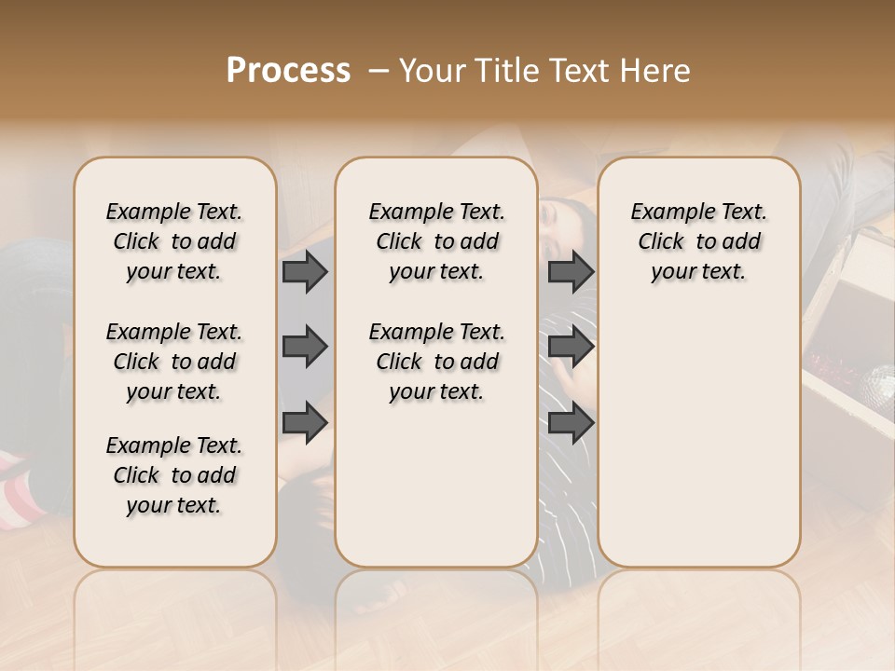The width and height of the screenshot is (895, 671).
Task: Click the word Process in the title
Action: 288,71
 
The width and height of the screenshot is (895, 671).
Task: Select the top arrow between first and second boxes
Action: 304,271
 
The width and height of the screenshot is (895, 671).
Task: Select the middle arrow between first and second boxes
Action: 304,347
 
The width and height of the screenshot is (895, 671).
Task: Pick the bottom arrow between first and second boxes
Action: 304,422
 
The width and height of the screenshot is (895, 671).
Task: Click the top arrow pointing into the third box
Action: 570,271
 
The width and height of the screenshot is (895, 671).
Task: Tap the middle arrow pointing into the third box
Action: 570,347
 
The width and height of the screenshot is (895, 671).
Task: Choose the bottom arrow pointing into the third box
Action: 570,422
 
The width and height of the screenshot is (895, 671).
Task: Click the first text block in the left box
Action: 174,241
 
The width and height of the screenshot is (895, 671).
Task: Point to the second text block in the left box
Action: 174,362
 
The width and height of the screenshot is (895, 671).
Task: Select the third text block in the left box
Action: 174,475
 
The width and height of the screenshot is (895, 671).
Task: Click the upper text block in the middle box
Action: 436,241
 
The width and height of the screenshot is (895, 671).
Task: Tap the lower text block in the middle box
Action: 436,362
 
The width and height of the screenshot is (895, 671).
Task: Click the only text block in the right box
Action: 698,241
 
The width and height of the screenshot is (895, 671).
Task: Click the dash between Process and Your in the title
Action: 379,71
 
